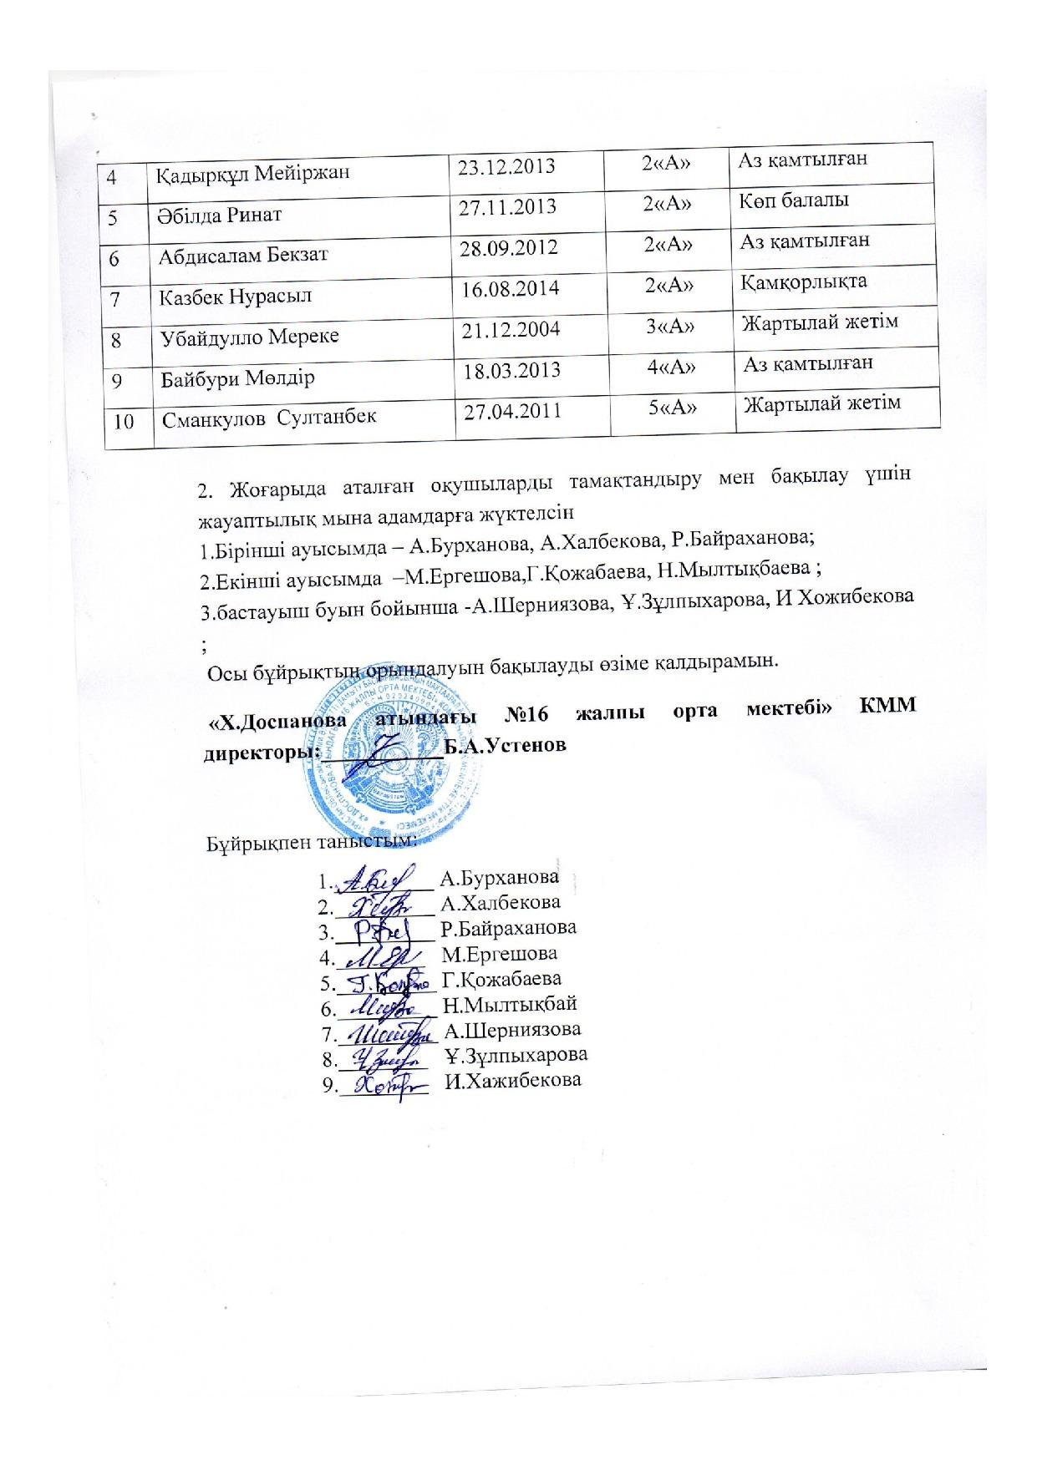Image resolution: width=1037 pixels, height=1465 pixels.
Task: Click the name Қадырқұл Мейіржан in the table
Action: [241, 174]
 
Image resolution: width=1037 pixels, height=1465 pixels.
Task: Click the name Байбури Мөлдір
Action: [238, 378]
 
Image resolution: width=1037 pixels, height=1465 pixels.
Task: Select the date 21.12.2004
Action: [511, 328]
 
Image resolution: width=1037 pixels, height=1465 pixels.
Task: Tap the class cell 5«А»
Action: [673, 408]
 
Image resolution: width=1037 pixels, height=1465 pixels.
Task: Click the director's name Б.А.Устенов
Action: [505, 745]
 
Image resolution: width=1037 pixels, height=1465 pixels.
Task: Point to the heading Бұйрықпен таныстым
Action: [309, 841]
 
